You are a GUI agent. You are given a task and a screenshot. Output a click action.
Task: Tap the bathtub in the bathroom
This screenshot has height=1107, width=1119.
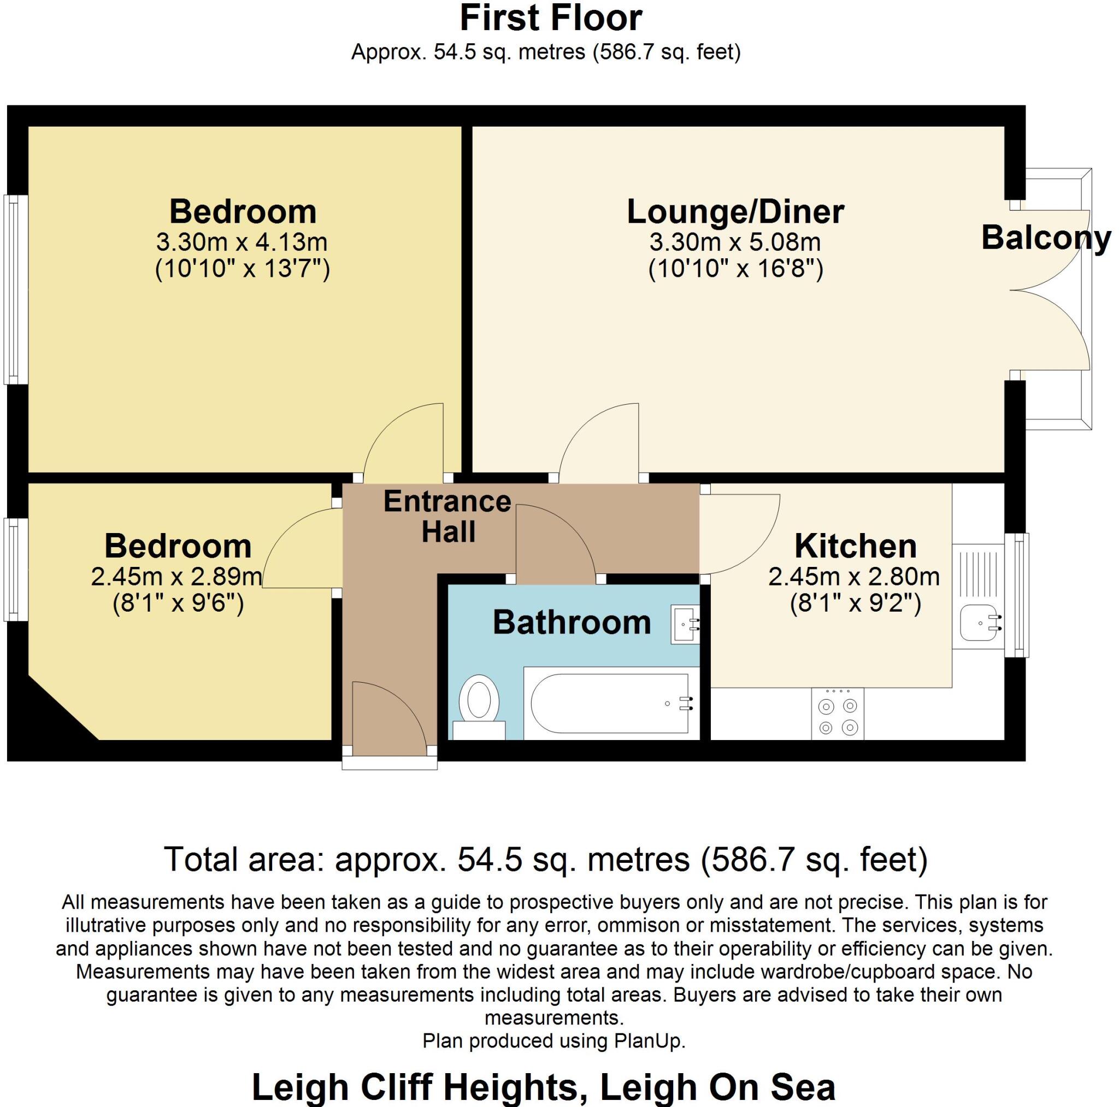(611, 703)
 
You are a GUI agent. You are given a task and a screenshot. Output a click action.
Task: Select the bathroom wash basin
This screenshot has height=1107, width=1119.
(685, 624)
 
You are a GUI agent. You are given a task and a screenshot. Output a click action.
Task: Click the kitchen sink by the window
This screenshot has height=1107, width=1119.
(980, 624)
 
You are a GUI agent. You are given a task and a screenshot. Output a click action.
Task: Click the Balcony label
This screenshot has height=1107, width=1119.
(1046, 238)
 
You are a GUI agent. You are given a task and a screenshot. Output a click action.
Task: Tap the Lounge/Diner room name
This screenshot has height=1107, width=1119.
(735, 212)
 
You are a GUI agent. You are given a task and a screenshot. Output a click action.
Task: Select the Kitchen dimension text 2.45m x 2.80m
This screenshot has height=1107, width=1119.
(854, 577)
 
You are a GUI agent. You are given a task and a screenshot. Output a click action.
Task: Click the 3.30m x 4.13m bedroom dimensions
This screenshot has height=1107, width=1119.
(242, 242)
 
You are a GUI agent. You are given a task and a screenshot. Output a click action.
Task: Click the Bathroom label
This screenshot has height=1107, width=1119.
(572, 623)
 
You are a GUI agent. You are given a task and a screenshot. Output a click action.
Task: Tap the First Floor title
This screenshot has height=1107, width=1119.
(550, 19)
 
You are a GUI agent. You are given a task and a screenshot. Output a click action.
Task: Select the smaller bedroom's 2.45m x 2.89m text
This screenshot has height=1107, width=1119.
(176, 577)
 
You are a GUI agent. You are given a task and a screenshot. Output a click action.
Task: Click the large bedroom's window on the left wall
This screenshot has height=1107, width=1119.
(15, 289)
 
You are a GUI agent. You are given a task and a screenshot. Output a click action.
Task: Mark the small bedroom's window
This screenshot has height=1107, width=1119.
(15, 569)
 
